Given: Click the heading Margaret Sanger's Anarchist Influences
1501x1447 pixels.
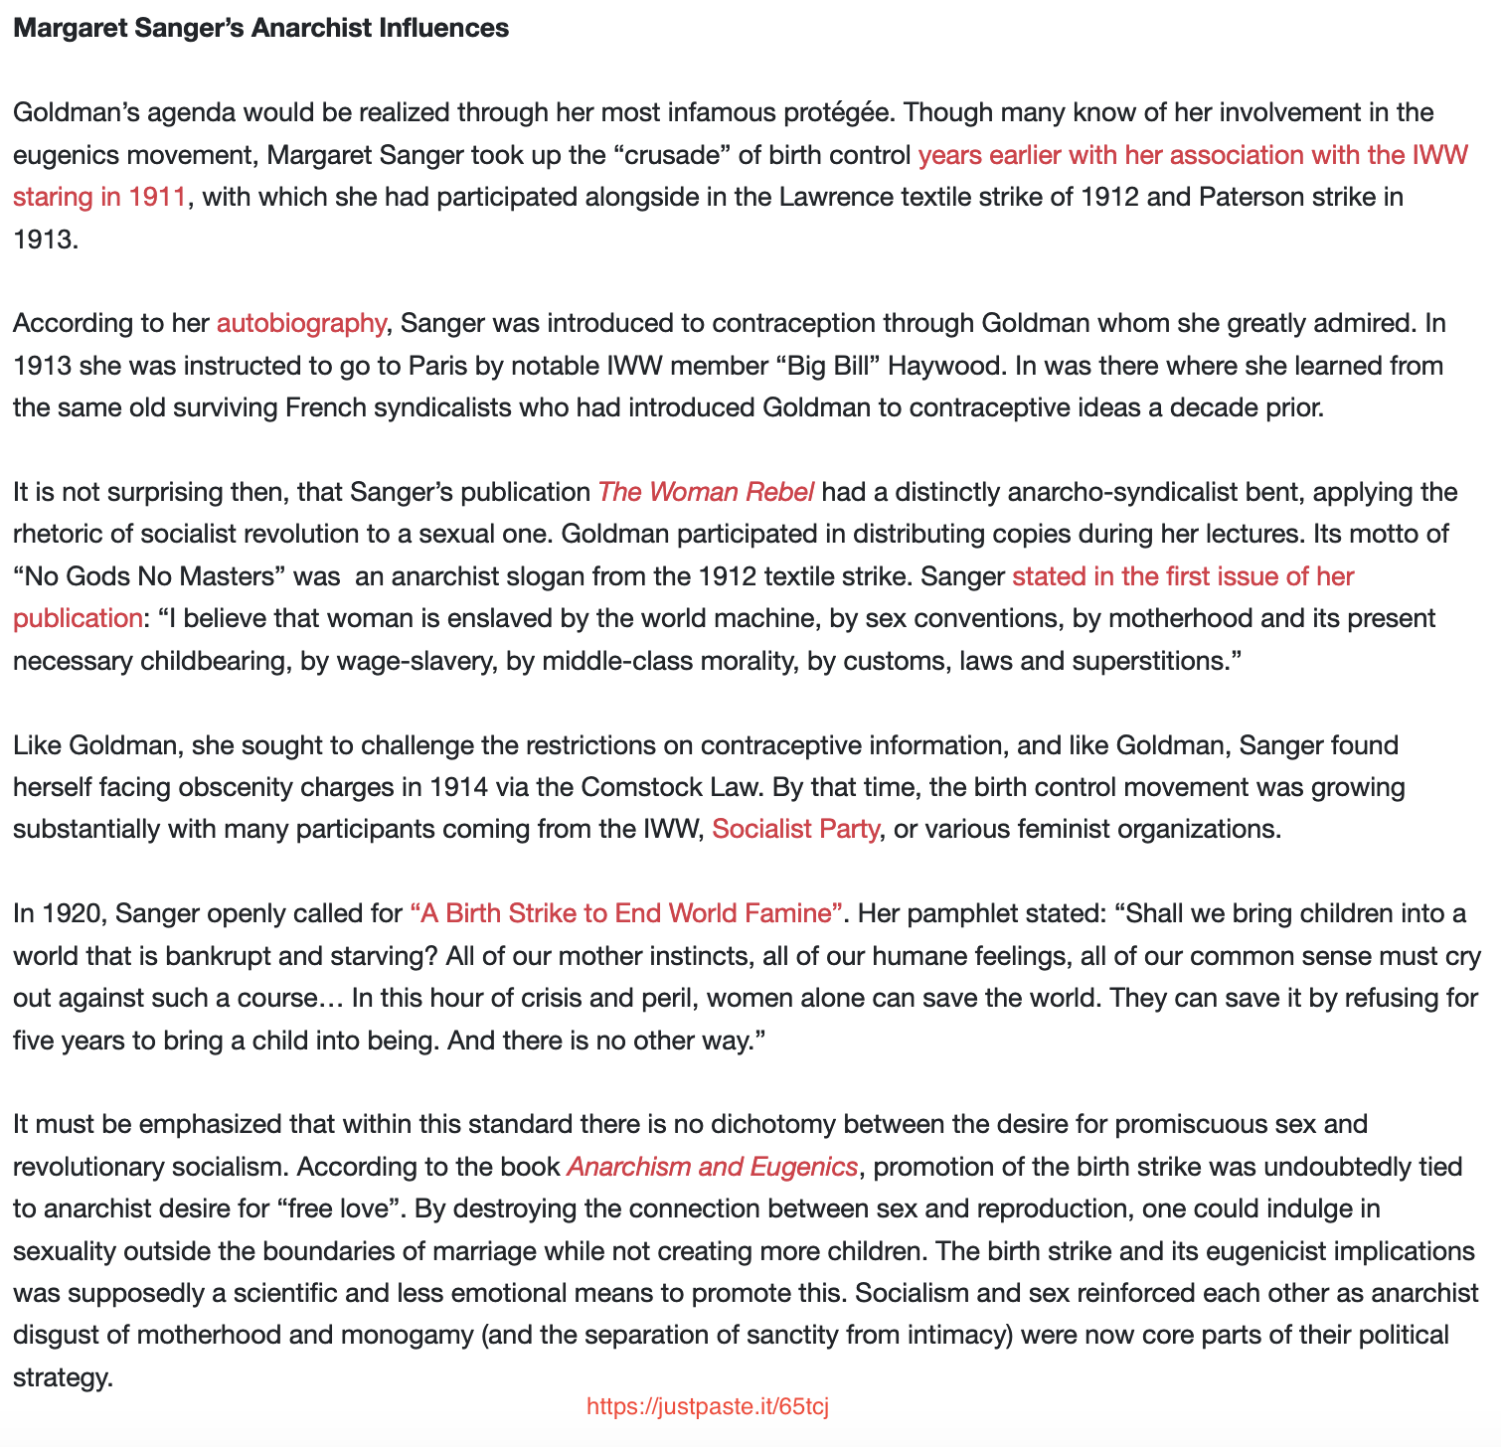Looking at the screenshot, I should [260, 28].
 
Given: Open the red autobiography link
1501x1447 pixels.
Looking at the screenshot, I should [300, 323].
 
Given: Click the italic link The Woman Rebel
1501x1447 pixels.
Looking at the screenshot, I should [706, 492].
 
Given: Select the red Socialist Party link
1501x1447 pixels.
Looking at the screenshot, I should [795, 829].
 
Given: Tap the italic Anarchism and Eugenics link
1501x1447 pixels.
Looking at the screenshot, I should [712, 1167].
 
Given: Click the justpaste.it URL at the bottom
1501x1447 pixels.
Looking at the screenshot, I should [708, 1407].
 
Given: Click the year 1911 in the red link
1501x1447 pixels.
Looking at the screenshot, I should [156, 197].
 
